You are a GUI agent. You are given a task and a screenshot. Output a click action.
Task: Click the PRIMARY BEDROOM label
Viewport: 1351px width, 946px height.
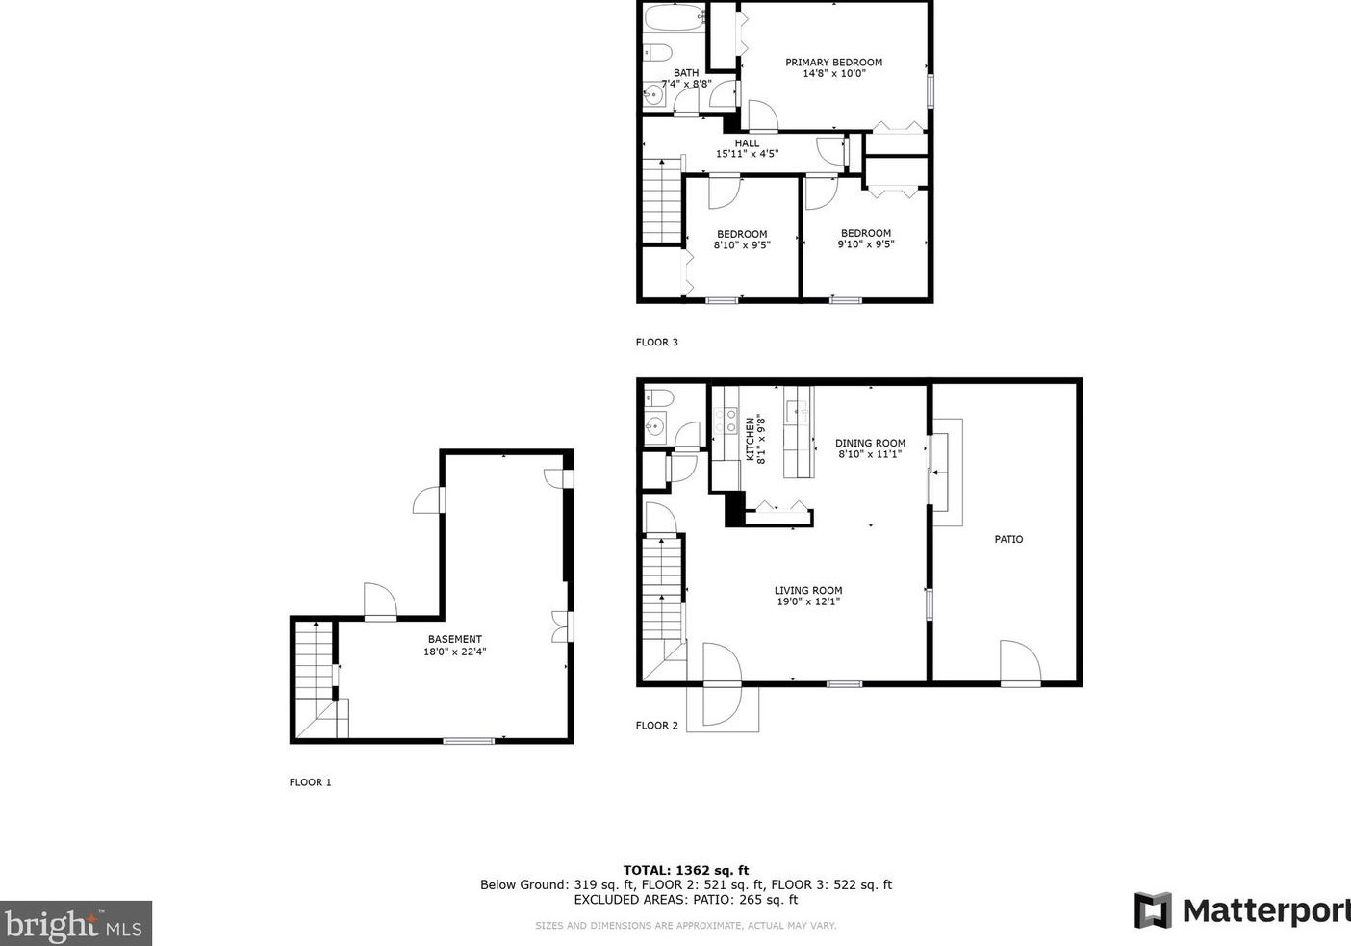[833, 63]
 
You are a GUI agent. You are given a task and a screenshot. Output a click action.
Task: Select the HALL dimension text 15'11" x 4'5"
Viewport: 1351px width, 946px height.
[747, 154]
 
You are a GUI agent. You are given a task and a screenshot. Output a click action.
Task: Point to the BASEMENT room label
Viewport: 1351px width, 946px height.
[455, 639]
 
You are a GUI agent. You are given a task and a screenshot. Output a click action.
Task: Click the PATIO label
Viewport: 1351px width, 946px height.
[1008, 539]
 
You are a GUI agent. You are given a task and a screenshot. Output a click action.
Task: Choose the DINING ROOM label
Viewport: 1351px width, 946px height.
[870, 443]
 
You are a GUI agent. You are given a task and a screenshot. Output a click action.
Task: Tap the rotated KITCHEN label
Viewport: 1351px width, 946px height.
[750, 439]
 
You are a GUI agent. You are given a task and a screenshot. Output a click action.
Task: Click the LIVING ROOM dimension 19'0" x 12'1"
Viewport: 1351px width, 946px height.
[808, 601]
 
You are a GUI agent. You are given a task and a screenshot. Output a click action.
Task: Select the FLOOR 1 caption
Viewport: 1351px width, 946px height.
[310, 782]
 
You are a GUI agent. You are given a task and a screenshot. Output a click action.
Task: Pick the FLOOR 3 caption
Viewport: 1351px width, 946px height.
[656, 342]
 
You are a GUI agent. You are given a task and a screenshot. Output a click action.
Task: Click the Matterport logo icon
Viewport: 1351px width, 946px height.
[1153, 910]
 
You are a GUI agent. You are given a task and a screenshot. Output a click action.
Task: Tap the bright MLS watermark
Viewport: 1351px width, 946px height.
[75, 924]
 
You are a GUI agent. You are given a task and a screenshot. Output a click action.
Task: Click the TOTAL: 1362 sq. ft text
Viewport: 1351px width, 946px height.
[686, 870]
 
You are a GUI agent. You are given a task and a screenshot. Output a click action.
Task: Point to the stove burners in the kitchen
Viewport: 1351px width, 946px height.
[726, 421]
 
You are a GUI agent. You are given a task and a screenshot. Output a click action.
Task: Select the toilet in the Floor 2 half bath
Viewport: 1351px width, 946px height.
[658, 397]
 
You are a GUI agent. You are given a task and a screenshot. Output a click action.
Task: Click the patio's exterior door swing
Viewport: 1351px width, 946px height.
[1020, 662]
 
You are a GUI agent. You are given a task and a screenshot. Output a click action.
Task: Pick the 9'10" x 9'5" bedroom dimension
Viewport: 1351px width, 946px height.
[865, 244]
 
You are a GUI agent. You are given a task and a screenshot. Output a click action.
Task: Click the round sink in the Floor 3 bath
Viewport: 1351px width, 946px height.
[652, 94]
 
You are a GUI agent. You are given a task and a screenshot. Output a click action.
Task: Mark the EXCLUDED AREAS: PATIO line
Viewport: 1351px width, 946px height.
[686, 900]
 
